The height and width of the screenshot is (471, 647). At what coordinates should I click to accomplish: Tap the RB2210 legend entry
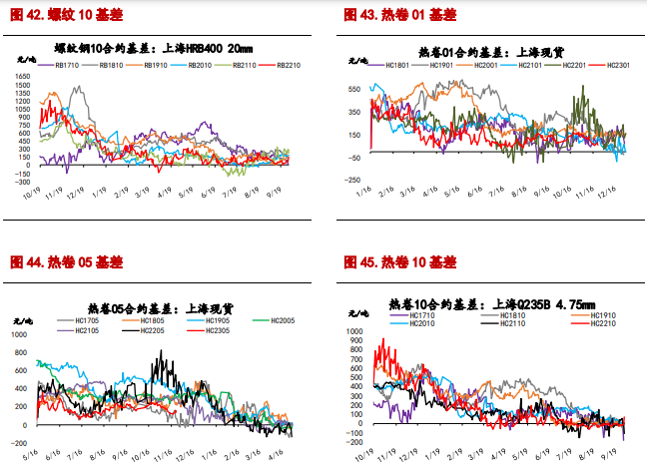pos(287,65)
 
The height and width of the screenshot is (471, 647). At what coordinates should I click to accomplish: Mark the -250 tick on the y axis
pos(354,180)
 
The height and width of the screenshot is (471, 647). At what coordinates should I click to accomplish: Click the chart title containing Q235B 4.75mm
pos(490,302)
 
